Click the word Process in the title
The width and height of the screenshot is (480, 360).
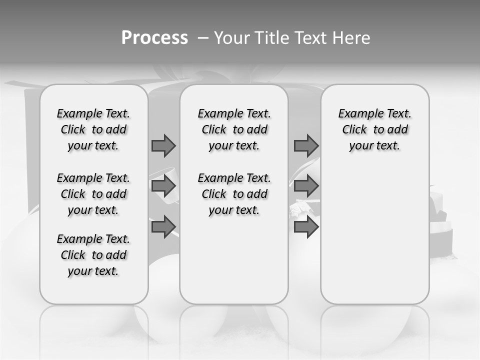[x=154, y=38]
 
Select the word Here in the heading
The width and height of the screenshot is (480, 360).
[x=351, y=38]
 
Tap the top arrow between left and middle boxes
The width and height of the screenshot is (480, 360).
[x=163, y=145]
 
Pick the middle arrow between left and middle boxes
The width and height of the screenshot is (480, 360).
[x=163, y=186]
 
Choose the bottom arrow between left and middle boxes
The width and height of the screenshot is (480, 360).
[x=163, y=227]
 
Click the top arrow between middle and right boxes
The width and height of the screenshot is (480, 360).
[x=306, y=145]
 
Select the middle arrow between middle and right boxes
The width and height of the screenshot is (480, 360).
[x=306, y=186]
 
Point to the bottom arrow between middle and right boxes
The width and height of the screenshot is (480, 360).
[x=306, y=227]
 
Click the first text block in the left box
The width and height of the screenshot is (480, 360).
[x=93, y=129]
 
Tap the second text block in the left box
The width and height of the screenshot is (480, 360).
[x=93, y=194]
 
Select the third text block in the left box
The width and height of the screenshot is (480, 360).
[x=93, y=255]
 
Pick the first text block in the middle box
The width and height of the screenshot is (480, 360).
[x=234, y=129]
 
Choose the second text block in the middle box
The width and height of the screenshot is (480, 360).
[x=234, y=194]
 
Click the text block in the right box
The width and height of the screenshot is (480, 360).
[x=375, y=129]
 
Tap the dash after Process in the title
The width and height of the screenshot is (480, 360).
[x=202, y=38]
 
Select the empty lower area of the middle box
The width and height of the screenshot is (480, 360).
[x=234, y=260]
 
